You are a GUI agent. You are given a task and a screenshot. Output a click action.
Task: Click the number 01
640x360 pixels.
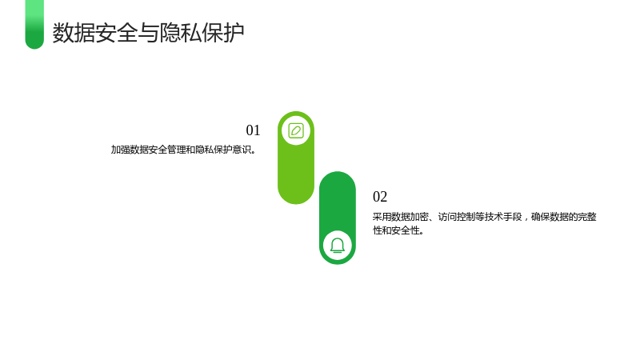click(x=253, y=130)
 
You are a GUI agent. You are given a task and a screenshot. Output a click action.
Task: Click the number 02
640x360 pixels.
click(x=380, y=197)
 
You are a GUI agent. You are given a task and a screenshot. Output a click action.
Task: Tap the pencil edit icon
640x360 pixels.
click(x=296, y=131)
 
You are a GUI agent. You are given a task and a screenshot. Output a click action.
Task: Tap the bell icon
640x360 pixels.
click(x=338, y=246)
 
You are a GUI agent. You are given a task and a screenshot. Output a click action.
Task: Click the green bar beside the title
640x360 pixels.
click(x=34, y=25)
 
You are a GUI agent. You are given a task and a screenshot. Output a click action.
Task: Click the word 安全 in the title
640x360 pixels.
click(x=116, y=33)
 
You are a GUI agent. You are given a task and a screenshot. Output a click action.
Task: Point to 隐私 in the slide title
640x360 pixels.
click(x=181, y=33)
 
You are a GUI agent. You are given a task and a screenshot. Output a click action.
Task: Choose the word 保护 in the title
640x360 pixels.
click(x=223, y=33)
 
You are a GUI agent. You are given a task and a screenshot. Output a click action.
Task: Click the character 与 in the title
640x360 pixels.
click(x=148, y=33)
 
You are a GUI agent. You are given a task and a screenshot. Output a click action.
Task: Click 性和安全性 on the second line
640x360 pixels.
click(x=396, y=230)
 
